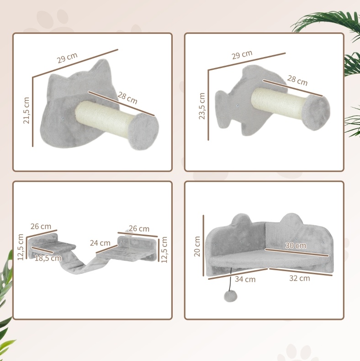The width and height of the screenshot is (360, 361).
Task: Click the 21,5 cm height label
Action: pos(26,110)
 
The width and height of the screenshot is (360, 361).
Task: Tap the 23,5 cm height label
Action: pos(202,106)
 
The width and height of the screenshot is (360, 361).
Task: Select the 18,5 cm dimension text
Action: pos(48,258)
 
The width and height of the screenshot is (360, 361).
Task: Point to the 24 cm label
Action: pos(100,243)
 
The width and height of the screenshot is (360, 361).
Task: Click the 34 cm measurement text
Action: pos(245,279)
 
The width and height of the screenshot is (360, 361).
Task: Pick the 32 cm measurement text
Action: pos(300,278)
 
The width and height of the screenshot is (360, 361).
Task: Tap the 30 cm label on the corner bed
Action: pos(296,246)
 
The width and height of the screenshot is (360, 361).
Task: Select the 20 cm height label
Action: pos(197,246)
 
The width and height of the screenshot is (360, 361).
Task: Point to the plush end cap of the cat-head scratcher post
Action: pos(143,132)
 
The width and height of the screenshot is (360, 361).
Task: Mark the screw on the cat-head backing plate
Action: pos(62,119)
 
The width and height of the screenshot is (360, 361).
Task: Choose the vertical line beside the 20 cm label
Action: pos(203,246)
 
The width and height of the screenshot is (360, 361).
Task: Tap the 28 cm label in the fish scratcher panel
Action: pos(297,80)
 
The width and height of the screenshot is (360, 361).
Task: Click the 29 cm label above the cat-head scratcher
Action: pos(67,58)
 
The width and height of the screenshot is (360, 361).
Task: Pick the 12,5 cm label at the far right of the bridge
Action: pos(164,250)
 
